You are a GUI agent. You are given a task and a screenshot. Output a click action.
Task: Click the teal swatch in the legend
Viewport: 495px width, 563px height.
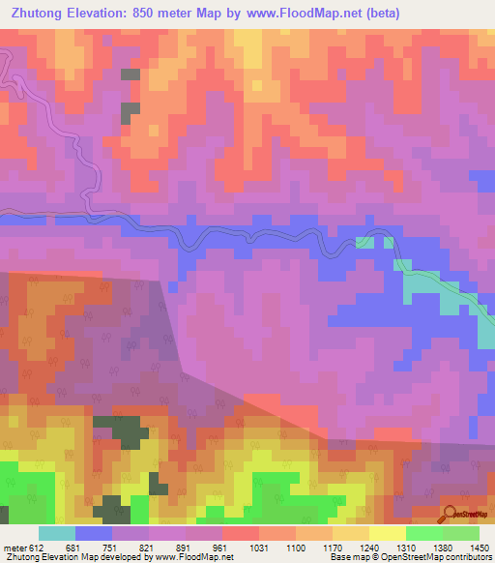coord(57,533)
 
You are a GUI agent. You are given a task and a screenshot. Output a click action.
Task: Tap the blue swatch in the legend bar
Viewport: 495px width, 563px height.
coord(94,533)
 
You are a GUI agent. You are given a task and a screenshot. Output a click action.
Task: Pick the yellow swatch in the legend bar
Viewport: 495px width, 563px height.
coord(388,533)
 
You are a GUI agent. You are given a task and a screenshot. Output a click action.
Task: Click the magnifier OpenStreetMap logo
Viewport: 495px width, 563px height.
coord(451,514)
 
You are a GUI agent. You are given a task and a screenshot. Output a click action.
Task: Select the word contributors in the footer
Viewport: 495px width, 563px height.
coord(470,558)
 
